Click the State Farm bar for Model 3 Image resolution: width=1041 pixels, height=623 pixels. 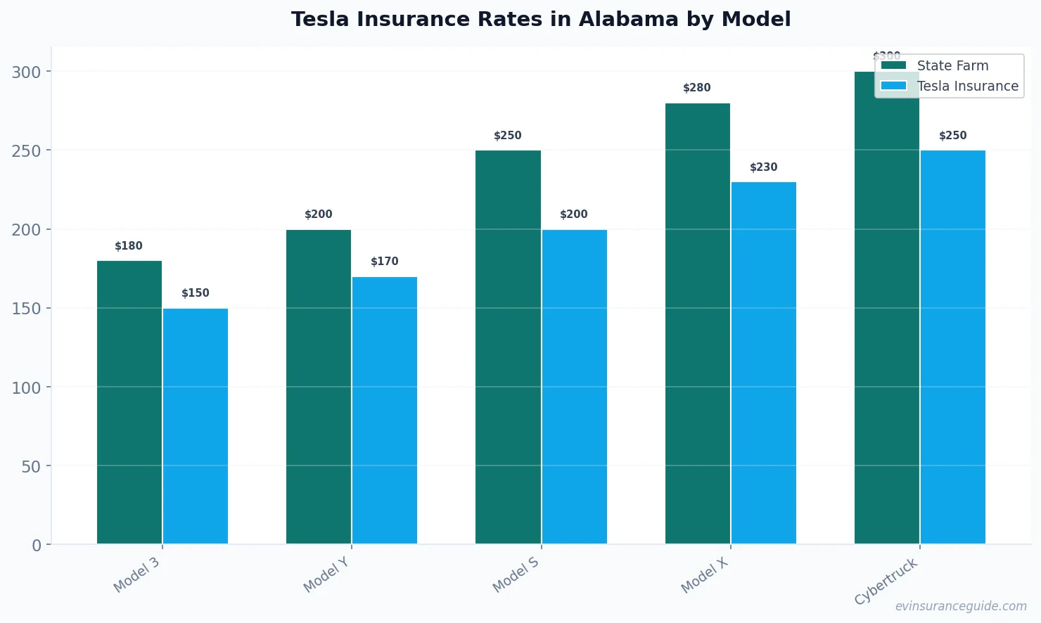coord(129,402)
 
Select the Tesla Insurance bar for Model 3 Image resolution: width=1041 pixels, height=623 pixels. coord(196,426)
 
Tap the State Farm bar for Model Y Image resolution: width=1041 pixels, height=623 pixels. coord(319,387)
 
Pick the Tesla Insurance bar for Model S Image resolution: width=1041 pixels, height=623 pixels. coord(574,387)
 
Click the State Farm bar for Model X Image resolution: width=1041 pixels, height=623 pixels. coord(697,323)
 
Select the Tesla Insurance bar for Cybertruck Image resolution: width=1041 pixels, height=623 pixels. coord(953,347)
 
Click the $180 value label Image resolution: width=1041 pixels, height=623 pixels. coord(129,246)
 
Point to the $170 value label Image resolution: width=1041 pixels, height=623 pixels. coord(385,262)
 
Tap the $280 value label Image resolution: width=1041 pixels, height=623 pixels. coord(697,88)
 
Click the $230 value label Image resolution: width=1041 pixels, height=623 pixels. coord(764,167)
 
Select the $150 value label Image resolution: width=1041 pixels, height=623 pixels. coord(196,293)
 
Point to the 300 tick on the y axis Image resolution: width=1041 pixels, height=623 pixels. coord(26,72)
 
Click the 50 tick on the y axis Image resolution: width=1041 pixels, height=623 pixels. coord(31,466)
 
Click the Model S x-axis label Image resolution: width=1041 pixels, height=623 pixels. coord(516,574)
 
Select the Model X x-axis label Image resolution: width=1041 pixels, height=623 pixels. coord(705,575)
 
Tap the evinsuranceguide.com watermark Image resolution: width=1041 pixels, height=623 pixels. coord(960,606)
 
